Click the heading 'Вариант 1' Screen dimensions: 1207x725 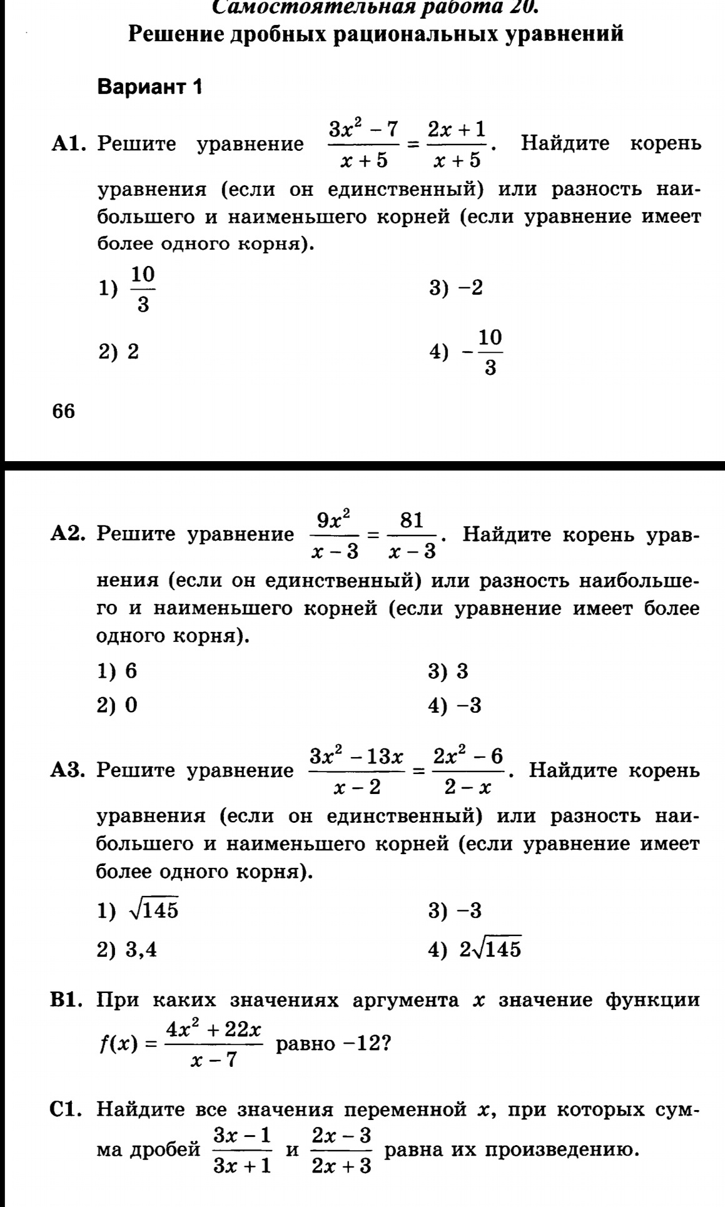point(150,87)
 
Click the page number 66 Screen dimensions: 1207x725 point(64,411)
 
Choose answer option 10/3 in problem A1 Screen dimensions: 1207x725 point(143,289)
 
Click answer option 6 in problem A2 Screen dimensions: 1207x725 point(131,671)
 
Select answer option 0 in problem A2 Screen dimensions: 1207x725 point(131,705)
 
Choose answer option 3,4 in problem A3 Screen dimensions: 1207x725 point(141,950)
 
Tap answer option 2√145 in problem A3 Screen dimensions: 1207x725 point(490,949)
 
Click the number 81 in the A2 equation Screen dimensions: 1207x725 point(412,520)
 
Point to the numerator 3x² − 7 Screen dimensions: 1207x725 point(364,130)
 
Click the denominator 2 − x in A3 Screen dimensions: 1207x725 point(468,787)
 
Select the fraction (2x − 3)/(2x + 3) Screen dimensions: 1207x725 point(342,1151)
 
